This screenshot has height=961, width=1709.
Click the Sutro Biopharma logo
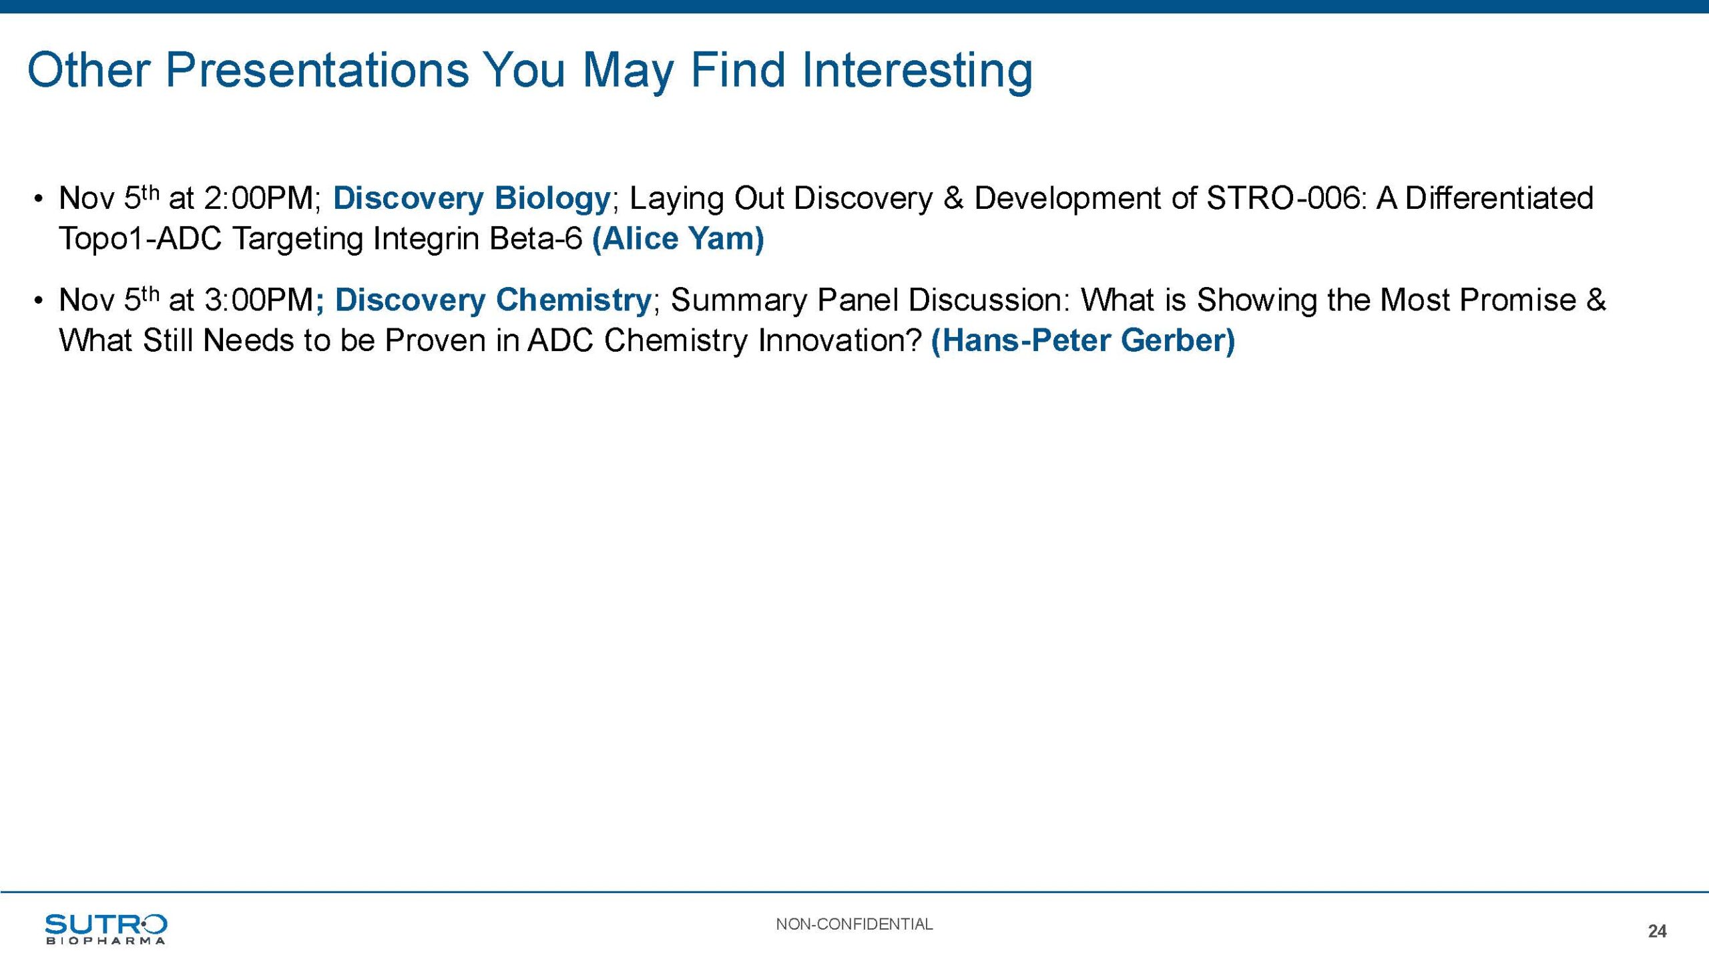coord(105,928)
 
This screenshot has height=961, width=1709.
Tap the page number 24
coord(1657,931)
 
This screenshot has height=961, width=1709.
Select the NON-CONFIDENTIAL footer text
coord(854,924)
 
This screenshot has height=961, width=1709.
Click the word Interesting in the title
coord(917,71)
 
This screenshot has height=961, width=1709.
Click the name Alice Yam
coord(678,238)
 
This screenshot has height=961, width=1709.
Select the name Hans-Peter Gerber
coord(1083,340)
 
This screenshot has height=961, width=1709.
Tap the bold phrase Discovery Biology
coord(472,198)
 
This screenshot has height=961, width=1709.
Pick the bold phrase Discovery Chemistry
coord(493,300)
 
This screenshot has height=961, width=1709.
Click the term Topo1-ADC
coord(140,239)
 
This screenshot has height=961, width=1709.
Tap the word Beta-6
coord(536,239)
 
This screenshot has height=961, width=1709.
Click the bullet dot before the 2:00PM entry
coord(39,199)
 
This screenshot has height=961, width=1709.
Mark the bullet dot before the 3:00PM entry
coord(39,301)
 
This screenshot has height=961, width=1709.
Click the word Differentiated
coord(1499,198)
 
